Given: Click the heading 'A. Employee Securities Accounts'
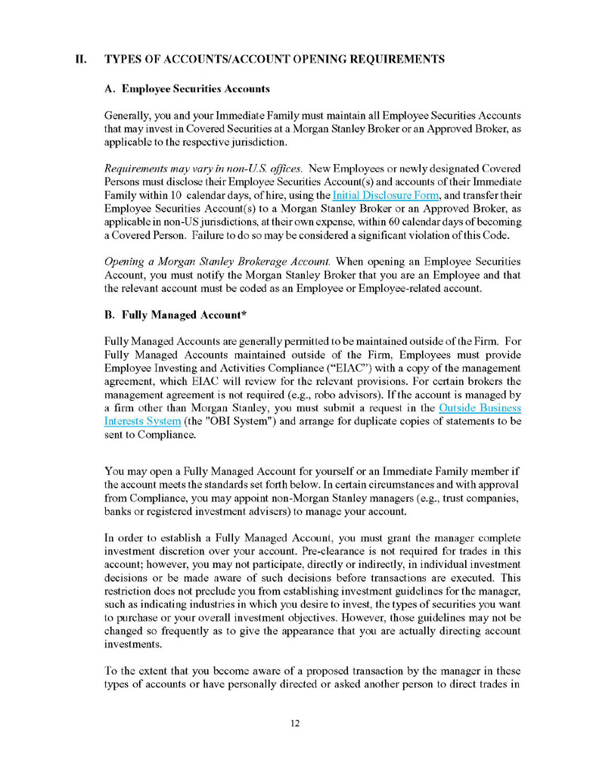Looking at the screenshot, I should click(187, 88).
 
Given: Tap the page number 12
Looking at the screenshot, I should click(295, 724).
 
